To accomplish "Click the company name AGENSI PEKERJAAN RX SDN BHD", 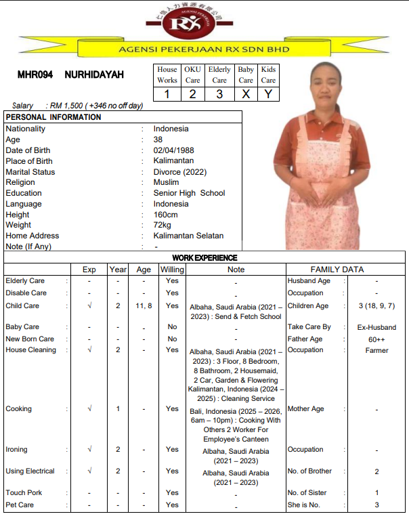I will coord(204,49).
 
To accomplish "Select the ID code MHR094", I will coord(35,75).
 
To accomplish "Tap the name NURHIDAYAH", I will coord(94,75).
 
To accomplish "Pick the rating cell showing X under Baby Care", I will coord(246,94).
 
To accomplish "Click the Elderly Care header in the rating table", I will coord(219,75).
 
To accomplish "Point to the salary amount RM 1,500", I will coord(66,106).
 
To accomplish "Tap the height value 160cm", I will coord(166,215).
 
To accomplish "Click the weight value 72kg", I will coord(163,225).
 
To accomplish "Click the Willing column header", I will coord(172,270).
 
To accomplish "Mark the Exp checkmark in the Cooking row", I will coord(89,409).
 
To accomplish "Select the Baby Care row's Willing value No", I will coord(173,327).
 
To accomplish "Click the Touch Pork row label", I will coord(24,493).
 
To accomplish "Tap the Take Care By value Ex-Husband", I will coord(376,327).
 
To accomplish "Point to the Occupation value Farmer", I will coord(376,350).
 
